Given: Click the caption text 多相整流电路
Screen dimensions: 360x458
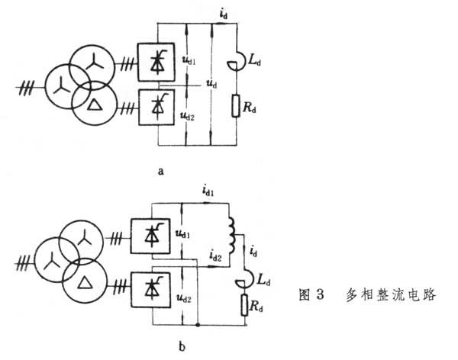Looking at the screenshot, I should [x=389, y=294].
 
